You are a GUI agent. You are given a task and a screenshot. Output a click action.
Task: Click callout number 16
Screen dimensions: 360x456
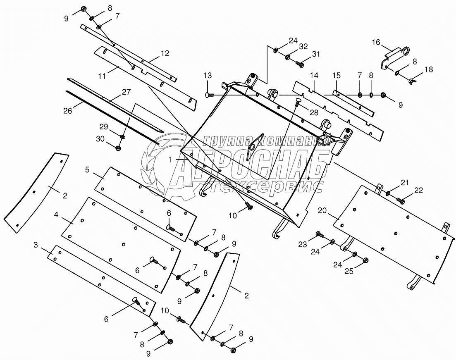(376, 43)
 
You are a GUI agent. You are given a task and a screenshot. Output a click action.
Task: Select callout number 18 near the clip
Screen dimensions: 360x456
(429, 69)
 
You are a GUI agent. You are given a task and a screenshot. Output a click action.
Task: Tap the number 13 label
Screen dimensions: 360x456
(207, 75)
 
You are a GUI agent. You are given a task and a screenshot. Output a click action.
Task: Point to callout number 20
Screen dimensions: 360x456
(323, 210)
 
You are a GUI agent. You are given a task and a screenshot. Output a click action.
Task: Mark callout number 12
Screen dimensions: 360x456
(165, 53)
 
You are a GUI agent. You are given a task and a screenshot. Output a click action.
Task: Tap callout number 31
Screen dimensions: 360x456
(316, 54)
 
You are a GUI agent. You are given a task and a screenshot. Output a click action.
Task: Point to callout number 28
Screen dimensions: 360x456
(314, 113)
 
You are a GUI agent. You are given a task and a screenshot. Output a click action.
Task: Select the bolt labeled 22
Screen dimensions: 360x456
(401, 200)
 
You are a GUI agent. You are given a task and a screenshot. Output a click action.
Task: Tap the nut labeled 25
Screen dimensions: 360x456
(366, 260)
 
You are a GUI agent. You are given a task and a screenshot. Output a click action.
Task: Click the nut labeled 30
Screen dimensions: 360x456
(119, 148)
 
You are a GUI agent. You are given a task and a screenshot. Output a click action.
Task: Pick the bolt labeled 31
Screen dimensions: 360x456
(300, 64)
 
